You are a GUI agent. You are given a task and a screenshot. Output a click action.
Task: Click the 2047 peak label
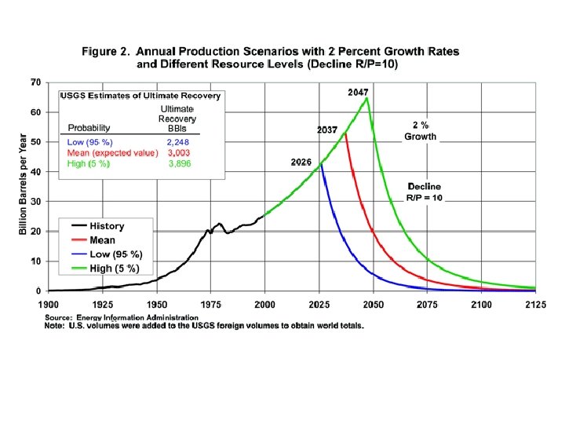click(358, 93)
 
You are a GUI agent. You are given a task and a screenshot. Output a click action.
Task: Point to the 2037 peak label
click(327, 130)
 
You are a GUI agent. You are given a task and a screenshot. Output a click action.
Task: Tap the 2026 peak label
click(301, 163)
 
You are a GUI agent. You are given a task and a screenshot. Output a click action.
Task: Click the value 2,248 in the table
click(179, 141)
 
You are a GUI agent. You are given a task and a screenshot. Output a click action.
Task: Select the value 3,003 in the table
click(179, 153)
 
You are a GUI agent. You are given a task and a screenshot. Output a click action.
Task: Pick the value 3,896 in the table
click(179, 165)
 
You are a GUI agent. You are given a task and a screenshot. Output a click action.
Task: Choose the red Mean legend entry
click(102, 240)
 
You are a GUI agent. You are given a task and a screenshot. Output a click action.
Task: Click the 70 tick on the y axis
click(36, 82)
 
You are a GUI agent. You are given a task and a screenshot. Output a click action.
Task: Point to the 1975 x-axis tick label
click(209, 302)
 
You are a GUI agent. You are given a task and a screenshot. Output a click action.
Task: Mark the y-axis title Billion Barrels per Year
click(23, 185)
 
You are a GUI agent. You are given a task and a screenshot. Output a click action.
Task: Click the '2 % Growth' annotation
click(421, 130)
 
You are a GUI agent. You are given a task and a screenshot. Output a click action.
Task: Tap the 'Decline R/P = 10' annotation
click(425, 192)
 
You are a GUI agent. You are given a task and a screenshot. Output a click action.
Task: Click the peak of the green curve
click(366, 98)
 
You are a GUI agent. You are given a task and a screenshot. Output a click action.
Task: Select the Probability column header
click(89, 127)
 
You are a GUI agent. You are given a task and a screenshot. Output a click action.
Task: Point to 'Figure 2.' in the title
click(107, 51)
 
